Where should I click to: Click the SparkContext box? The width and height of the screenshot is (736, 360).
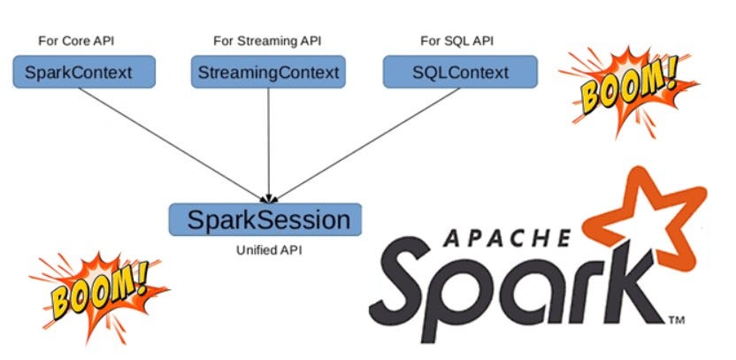pos(84,72)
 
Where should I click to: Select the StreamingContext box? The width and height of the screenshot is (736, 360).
pos(266,72)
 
